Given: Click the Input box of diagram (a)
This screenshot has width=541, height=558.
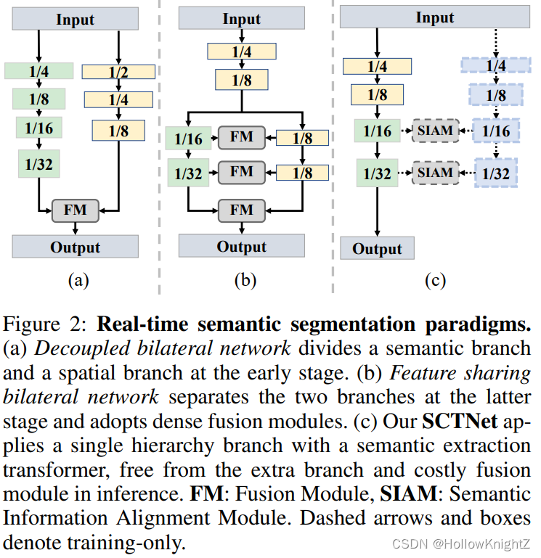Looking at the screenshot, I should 76,20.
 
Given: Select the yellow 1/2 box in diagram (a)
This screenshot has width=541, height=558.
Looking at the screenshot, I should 119,71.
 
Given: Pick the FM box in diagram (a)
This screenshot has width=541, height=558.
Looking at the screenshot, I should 76,211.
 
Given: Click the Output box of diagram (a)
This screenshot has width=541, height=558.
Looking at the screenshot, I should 76,247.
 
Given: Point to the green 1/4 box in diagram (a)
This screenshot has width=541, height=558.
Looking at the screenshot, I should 38,70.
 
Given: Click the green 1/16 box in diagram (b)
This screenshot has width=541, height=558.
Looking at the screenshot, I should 184,138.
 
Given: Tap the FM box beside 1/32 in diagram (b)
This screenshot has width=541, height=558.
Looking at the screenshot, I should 242,172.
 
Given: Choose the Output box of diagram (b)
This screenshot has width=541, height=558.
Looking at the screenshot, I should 242,247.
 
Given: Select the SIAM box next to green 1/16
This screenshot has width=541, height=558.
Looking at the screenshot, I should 436,131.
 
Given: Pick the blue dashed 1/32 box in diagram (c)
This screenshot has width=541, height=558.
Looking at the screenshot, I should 497,174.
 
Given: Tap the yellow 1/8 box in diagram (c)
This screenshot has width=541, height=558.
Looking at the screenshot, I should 377,95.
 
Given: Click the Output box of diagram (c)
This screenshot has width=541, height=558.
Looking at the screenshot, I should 377,249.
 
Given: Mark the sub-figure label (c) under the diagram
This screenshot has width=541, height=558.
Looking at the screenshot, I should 435,279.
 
